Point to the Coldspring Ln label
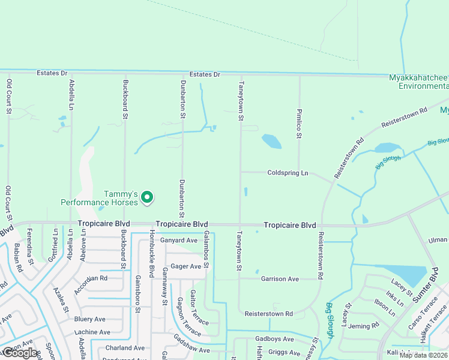288,173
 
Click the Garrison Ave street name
280,279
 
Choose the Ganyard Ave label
179,240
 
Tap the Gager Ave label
186,266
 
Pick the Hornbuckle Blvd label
152,248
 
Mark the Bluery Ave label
90,319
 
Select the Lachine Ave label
92,332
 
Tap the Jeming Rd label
367,326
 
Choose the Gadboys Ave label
274,339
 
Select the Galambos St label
206,247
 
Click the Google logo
20,353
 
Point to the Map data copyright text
424,355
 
